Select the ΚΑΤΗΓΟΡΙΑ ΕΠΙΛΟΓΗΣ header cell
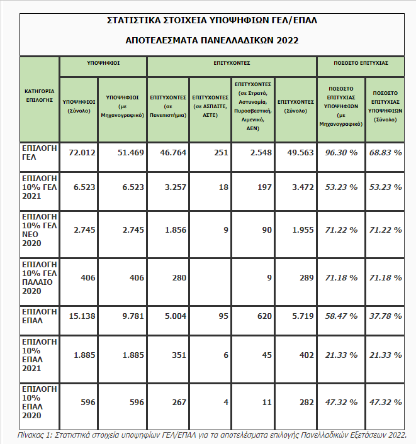(x=40, y=95)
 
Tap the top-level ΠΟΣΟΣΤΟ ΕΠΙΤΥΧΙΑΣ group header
(x=360, y=64)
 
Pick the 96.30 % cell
(x=340, y=153)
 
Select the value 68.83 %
(x=385, y=153)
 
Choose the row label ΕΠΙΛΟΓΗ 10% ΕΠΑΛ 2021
(x=40, y=355)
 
